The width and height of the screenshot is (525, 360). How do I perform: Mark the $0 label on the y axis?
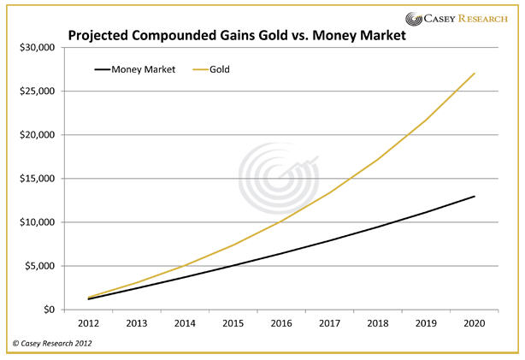pos(46,310)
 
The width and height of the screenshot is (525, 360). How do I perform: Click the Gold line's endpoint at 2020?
pos(475,74)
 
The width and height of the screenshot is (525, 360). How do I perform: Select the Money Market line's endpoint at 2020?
pos(475,197)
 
